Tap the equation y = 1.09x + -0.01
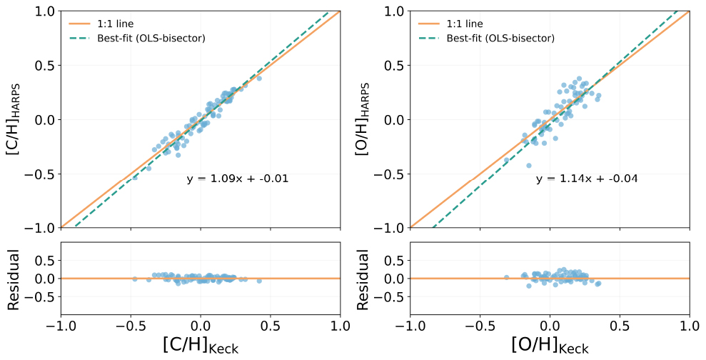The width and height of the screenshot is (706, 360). coord(238,179)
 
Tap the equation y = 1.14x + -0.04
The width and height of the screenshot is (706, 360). coord(587,179)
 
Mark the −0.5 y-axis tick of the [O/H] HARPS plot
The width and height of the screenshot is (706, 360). coord(391,174)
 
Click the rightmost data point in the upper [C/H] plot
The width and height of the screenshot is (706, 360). coord(259,79)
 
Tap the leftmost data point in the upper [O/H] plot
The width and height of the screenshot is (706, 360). coord(506,161)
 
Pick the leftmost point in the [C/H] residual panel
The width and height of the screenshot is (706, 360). coord(135,279)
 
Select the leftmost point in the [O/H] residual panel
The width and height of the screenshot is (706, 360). coord(506,277)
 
